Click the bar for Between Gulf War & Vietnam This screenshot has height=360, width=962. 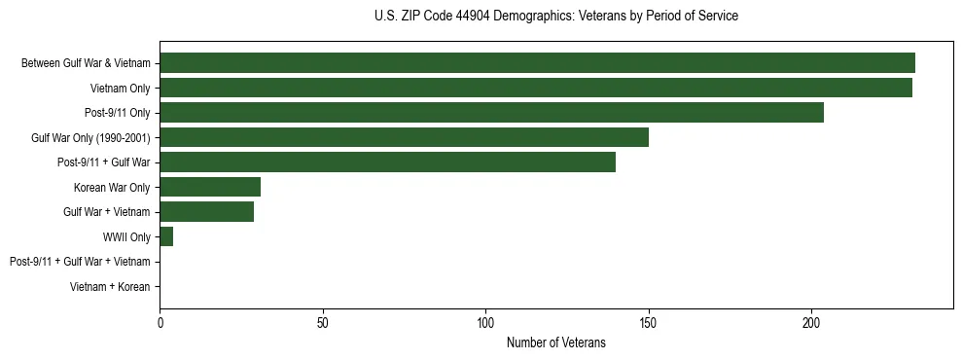(537, 63)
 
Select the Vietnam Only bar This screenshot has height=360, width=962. (536, 88)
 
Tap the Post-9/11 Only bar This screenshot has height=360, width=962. (491, 113)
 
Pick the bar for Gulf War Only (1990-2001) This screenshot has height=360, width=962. (404, 137)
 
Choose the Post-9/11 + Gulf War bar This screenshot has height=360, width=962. (387, 162)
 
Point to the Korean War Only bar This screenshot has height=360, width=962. (210, 187)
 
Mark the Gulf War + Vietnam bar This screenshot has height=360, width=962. (206, 212)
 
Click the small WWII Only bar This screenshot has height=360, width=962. (166, 236)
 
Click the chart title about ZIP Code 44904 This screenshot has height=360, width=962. (555, 17)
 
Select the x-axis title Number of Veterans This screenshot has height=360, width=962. (555, 342)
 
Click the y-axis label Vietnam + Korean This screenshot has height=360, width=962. (110, 287)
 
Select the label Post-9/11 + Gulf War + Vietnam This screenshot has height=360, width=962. (80, 262)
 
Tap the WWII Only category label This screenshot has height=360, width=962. (126, 237)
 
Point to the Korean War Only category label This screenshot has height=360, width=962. (112, 188)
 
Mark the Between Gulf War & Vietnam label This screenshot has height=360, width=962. (86, 64)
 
